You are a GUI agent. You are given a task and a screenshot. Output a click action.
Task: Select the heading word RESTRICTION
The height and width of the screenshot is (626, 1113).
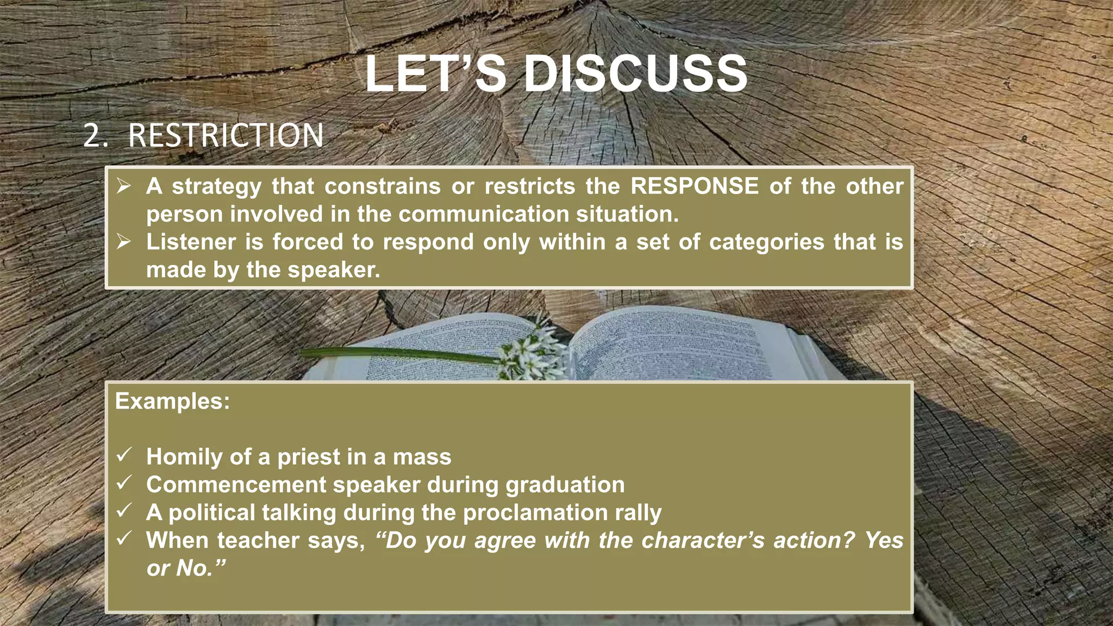pyautogui.click(x=226, y=135)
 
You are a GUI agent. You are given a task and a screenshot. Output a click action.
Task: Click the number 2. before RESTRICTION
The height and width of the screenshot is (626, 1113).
pyautogui.click(x=96, y=135)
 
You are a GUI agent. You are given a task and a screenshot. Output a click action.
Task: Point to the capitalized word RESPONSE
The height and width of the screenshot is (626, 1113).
pyautogui.click(x=694, y=186)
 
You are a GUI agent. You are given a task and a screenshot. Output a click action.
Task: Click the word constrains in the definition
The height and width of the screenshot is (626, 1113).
pyautogui.click(x=383, y=186)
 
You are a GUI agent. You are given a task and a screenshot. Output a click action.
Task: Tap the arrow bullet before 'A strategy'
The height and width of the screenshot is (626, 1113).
pyautogui.click(x=124, y=186)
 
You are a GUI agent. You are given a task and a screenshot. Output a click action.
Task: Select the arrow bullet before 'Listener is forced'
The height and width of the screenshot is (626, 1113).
pyautogui.click(x=124, y=242)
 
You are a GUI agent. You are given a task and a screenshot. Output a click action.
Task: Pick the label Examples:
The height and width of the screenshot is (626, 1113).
pyautogui.click(x=172, y=402)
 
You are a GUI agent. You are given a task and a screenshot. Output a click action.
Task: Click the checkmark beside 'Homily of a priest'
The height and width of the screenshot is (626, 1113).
pyautogui.click(x=124, y=455)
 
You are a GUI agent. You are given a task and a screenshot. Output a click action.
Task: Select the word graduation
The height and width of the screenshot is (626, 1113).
pyautogui.click(x=565, y=485)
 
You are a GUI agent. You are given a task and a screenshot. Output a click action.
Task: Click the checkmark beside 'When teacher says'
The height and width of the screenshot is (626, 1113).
pyautogui.click(x=124, y=539)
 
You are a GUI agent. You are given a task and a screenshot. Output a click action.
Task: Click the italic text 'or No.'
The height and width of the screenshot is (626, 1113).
pyautogui.click(x=185, y=568)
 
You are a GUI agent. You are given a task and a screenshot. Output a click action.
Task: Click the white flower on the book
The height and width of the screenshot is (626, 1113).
pyautogui.click(x=530, y=353)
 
